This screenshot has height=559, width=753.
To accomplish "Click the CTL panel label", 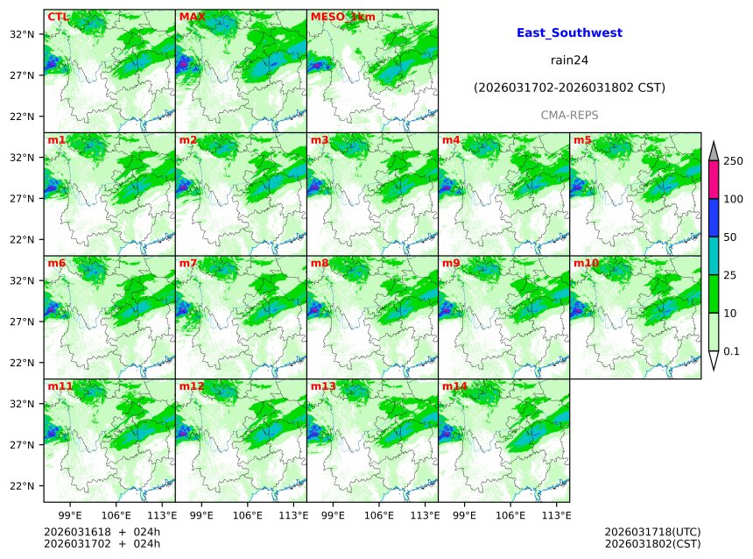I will tap(58, 17).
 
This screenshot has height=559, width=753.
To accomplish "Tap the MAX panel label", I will tap(191, 17).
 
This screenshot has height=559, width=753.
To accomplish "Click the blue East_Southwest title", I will tap(569, 33).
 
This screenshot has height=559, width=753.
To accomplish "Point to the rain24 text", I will tap(569, 60).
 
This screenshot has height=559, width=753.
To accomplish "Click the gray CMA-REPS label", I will tap(569, 116).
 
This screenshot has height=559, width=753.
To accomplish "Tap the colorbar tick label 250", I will tap(733, 160).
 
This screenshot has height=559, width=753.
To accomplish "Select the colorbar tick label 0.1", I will tap(731, 351).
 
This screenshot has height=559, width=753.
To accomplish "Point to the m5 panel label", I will tap(582, 140).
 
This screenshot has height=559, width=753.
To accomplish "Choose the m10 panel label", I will tap(586, 263).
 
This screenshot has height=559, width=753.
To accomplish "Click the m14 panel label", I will tap(454, 386).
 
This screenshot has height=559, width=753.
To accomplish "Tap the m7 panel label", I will tap(188, 263).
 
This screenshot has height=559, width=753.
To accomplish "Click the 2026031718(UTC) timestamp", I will tap(652, 532).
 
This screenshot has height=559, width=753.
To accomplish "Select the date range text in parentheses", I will tap(569, 88).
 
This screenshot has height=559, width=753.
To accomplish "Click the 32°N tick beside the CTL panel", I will tap(22, 34).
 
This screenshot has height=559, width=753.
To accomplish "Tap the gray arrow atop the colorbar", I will tap(714, 151).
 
